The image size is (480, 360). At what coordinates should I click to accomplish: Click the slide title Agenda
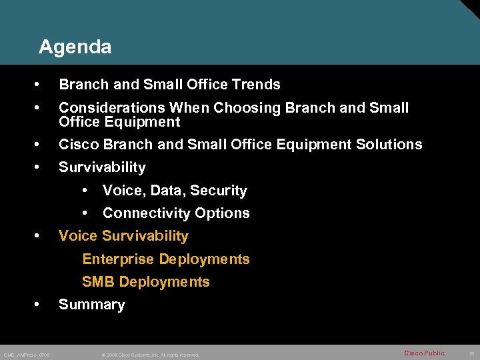(75, 47)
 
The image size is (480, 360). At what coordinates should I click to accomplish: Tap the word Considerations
(112, 108)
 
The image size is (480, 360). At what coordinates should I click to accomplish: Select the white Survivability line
(102, 167)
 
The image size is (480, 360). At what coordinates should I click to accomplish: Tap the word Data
(167, 191)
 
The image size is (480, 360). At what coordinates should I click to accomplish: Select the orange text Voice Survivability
(123, 236)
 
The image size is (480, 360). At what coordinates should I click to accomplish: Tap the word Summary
(91, 305)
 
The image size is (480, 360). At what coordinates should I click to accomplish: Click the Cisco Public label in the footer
(424, 353)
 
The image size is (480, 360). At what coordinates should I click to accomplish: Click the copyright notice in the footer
(150, 355)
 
